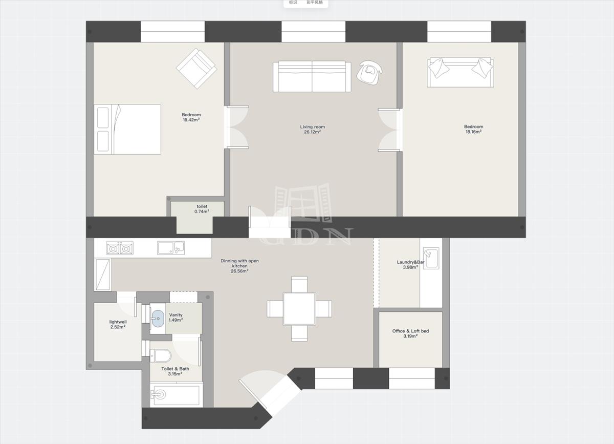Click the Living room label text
pos(313,127)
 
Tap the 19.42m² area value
pos(191,120)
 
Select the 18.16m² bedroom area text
pos(473,132)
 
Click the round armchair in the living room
pos(369,72)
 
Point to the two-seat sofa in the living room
pos(312,76)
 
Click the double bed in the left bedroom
pos(127,129)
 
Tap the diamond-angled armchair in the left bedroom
pos(196,68)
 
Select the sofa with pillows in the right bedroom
pos(461,72)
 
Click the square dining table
pos(299,309)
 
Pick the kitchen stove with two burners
pos(120,248)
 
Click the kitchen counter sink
pos(171,248)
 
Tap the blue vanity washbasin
pos(158,319)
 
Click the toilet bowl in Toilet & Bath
pos(162,355)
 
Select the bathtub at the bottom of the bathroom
pos(176,395)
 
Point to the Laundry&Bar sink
pos(431,258)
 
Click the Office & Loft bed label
pos(410,331)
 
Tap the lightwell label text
pos(118,322)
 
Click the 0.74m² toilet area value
pos(202,212)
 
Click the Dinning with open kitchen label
pos(239,263)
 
